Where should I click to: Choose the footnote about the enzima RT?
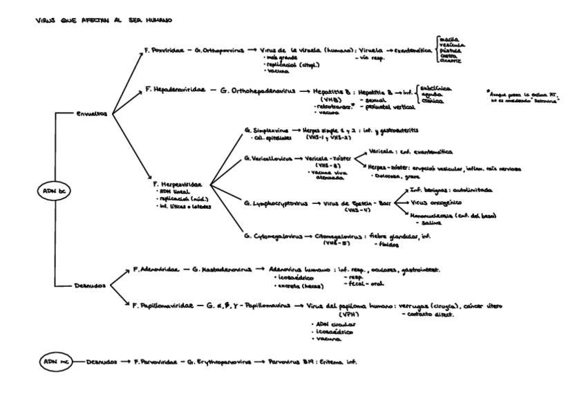click(529, 97)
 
